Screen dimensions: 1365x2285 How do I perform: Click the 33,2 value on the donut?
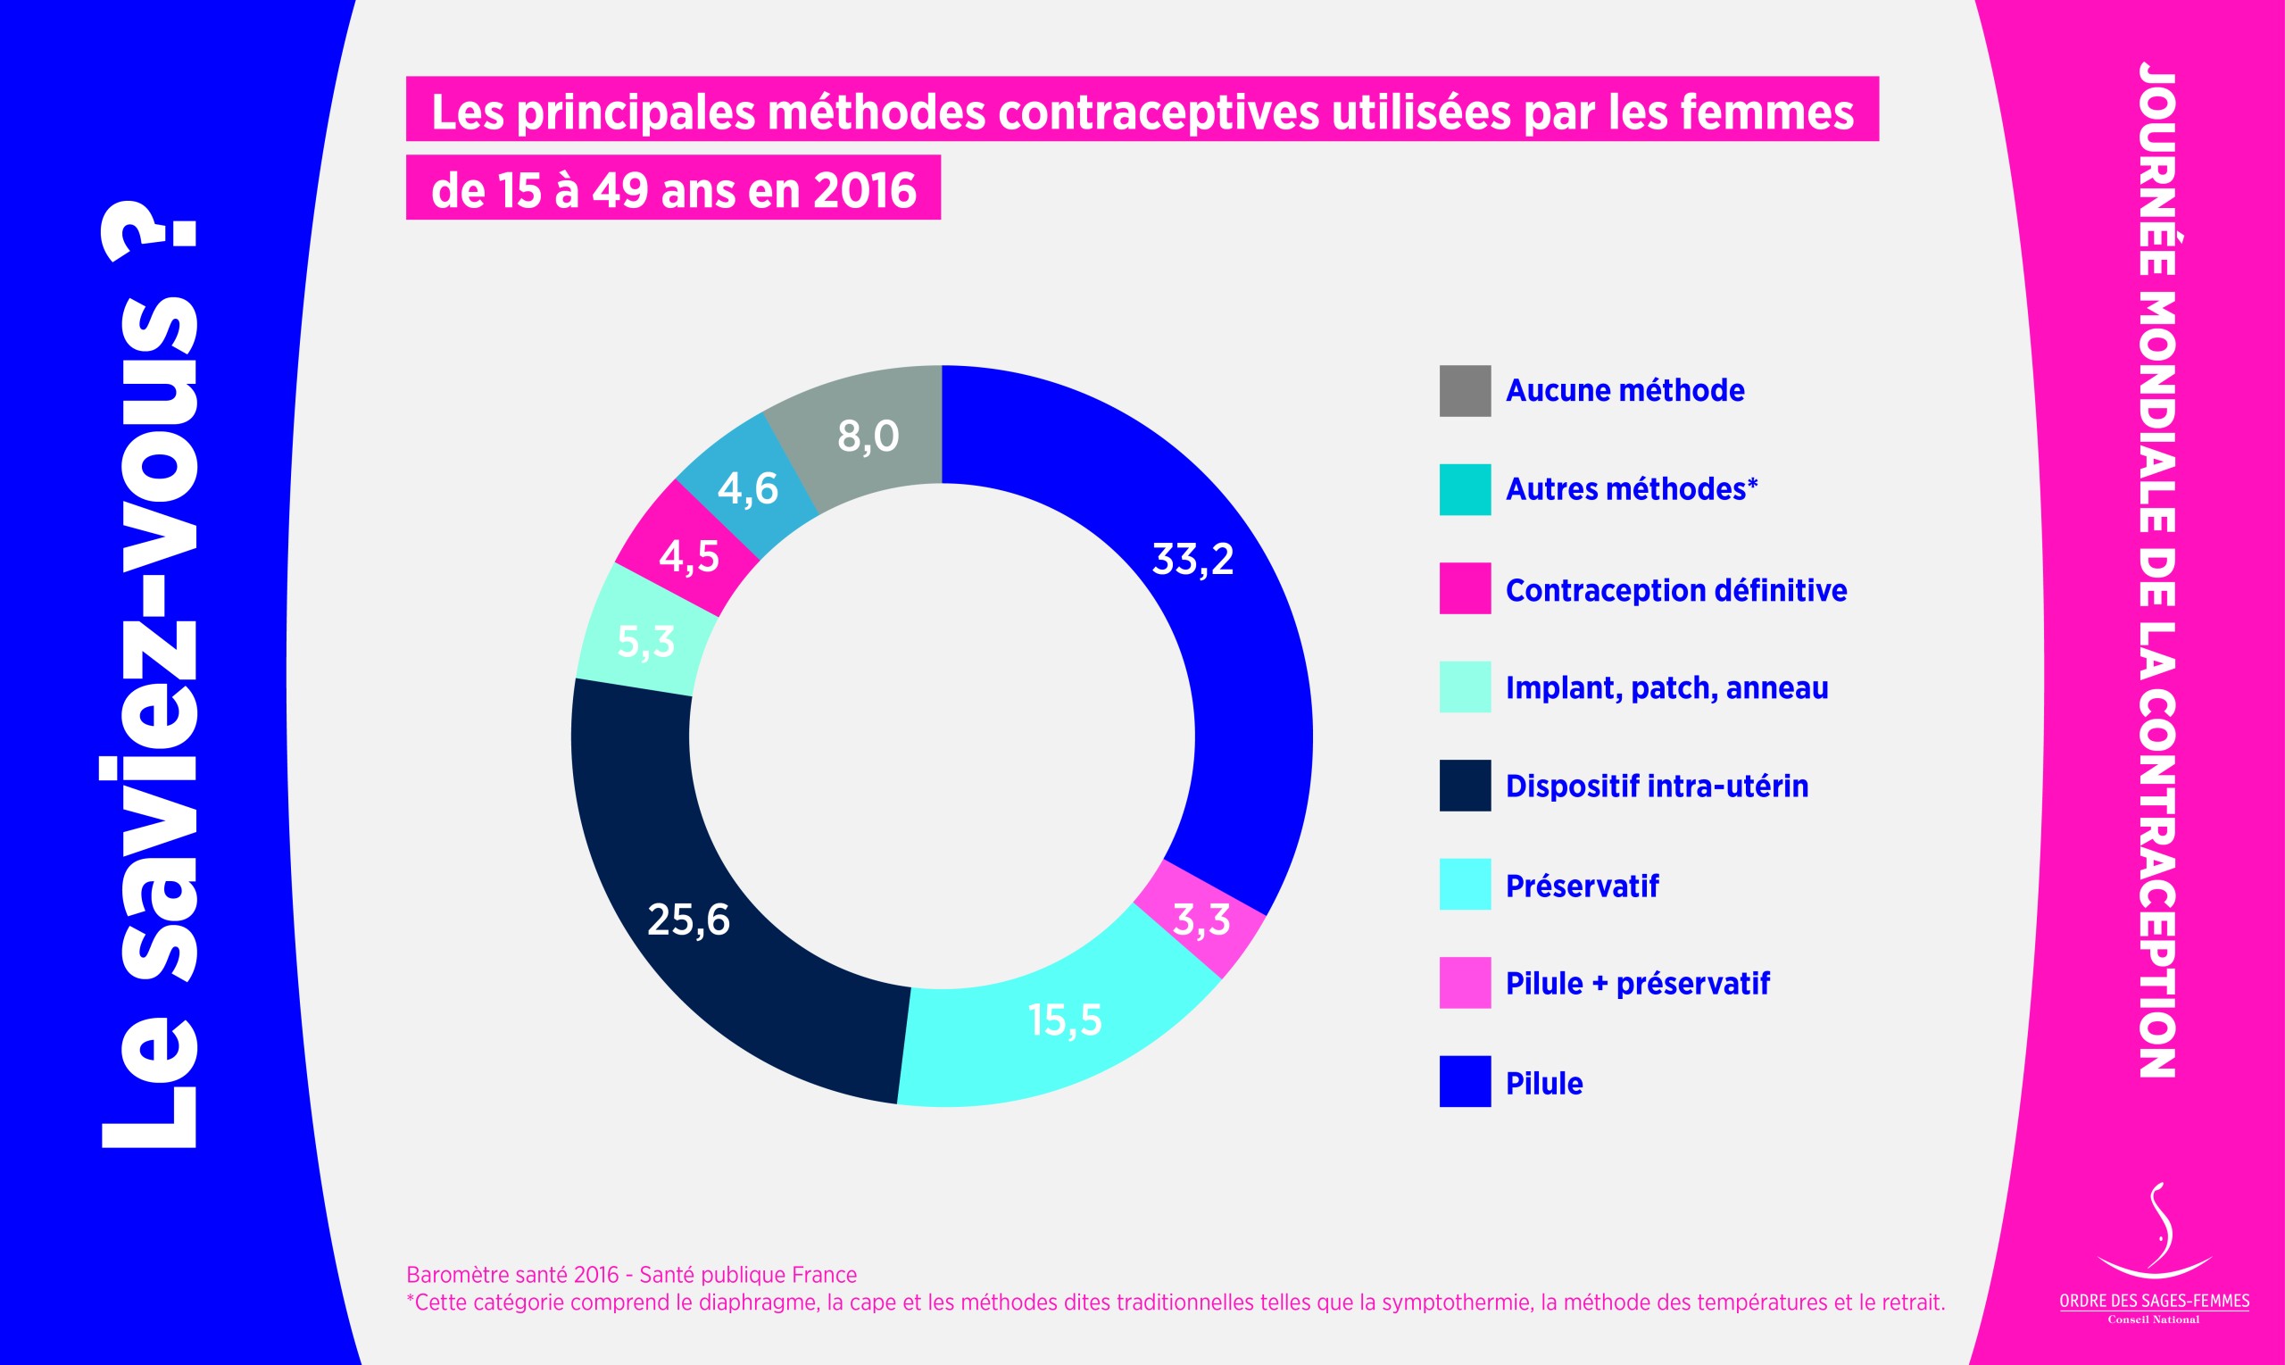(1192, 559)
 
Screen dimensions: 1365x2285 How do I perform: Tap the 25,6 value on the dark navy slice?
(689, 920)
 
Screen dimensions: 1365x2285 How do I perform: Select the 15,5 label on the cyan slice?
(1065, 1020)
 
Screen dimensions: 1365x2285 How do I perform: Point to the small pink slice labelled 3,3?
(1201, 919)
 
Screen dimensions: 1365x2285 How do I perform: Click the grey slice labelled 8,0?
(867, 435)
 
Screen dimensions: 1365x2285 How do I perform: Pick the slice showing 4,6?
(748, 488)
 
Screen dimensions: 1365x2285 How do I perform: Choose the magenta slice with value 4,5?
(689, 556)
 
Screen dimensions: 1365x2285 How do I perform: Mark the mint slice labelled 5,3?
(645, 641)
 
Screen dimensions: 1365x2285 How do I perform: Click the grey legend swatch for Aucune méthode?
(1465, 391)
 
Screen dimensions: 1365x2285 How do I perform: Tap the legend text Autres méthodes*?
(1632, 489)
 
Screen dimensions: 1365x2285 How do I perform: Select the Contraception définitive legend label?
(1675, 589)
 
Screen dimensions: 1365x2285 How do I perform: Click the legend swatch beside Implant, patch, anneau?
(1465, 687)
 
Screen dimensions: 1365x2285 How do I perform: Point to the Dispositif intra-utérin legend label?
(1656, 787)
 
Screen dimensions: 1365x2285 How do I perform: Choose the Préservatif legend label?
(1582, 886)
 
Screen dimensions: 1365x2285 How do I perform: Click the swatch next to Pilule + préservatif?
(1465, 983)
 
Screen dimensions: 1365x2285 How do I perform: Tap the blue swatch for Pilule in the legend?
(1465, 1082)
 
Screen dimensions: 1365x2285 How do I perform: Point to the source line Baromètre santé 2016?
(631, 1275)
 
